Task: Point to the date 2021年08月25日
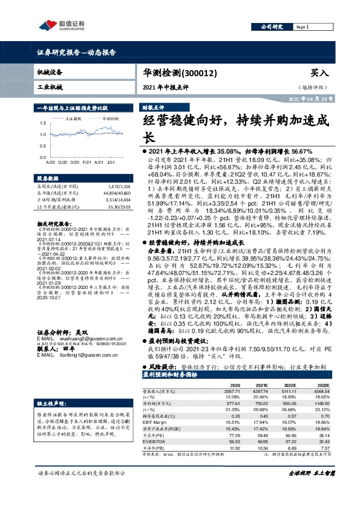click(309, 99)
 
